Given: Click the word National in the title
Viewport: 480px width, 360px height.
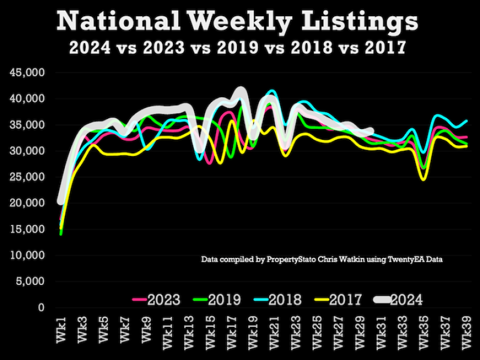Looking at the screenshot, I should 118,22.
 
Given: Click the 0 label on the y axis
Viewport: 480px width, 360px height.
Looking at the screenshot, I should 41,307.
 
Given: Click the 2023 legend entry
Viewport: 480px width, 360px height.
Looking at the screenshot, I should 157,299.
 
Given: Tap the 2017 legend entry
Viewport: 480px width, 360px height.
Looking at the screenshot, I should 340,299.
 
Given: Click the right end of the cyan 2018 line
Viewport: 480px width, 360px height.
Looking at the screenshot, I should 467,121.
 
